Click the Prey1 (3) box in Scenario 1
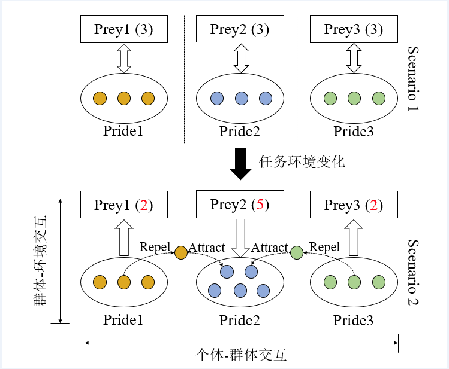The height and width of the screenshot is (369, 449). pos(123,29)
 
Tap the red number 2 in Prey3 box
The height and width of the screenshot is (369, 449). pos(373,206)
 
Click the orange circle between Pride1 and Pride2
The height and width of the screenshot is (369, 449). pos(181,253)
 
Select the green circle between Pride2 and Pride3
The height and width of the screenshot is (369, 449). pos(297,253)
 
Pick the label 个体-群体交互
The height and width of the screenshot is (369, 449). pos(242,355)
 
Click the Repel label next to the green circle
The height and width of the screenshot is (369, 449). pos(324,247)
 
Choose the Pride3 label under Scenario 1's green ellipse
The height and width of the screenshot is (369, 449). pos(354,132)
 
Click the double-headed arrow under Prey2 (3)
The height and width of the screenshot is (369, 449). pos(241,58)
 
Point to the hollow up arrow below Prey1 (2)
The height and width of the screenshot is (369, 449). pos(124,237)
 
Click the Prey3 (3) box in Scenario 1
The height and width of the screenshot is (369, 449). pos(354,29)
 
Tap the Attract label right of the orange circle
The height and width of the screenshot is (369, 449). pos(207,247)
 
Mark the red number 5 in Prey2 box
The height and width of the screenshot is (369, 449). pos(260,205)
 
